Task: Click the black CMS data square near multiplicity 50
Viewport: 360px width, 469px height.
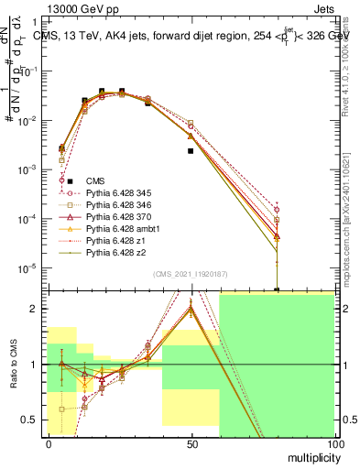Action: [x=191, y=151]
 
